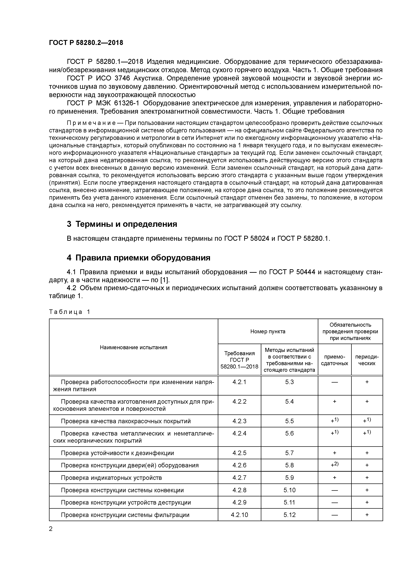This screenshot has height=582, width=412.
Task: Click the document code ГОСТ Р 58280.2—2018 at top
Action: coord(86,43)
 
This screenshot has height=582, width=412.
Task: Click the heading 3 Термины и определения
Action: coord(122,224)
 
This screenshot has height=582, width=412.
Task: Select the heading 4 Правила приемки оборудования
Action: coord(139,258)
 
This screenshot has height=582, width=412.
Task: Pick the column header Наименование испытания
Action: coord(134,347)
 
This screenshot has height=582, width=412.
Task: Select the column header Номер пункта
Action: coord(268,331)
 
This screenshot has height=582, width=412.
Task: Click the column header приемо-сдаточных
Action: coord(335,360)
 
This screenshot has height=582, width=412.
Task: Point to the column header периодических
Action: coord(367,360)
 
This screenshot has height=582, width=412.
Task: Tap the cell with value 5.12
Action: coord(289,515)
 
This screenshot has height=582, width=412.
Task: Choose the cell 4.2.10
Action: coord(239,515)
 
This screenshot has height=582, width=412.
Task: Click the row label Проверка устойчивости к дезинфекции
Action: coord(117,453)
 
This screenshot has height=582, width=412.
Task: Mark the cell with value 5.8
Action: coord(289,465)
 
